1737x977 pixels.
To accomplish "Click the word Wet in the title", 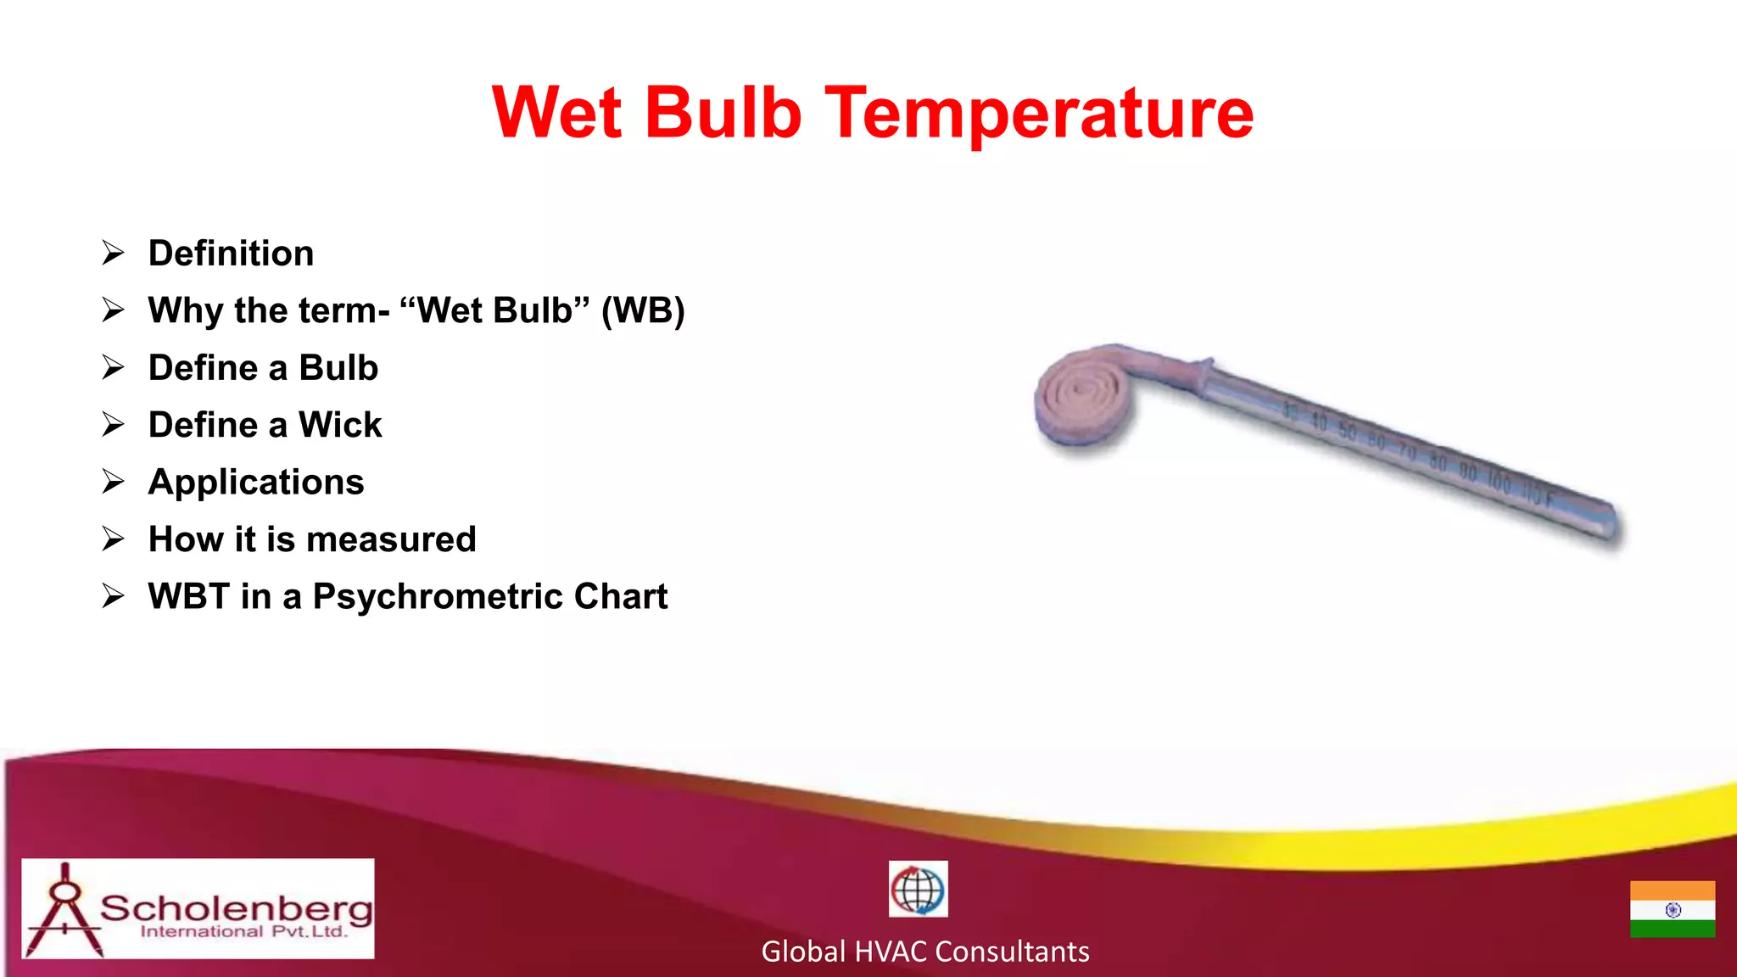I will [557, 113].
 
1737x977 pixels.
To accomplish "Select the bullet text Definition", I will [231, 254].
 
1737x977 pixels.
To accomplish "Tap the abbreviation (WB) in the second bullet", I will [643, 310].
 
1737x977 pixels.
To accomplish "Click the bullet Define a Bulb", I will [263, 368].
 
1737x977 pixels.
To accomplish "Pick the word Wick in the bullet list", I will [340, 425].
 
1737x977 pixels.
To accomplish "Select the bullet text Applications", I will [256, 483].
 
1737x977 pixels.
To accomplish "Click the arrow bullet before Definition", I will [113, 253].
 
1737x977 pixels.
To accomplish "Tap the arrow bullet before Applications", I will [113, 482].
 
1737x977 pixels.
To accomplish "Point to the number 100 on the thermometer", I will [1499, 482].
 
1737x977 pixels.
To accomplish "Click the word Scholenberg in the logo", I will [237, 908].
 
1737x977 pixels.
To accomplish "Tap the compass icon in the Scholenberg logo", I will [64, 909].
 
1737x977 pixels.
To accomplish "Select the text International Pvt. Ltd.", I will [244, 932].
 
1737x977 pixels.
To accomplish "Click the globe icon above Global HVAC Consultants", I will [918, 889].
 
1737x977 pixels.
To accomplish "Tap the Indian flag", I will [1672, 909].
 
